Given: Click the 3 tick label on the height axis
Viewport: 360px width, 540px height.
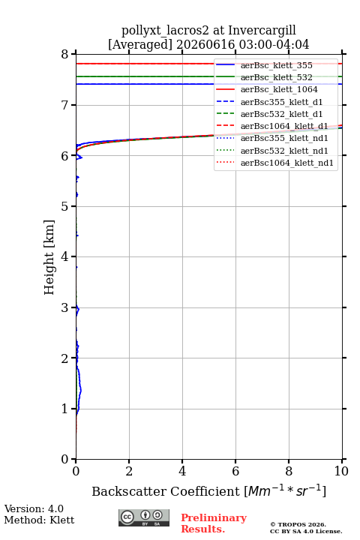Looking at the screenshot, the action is (x=65, y=307).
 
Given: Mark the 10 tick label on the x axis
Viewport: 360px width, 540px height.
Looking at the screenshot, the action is (x=341, y=471).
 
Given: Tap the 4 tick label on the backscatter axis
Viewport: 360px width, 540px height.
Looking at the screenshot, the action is (x=182, y=471).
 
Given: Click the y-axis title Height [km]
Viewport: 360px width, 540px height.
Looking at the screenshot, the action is (x=49, y=257).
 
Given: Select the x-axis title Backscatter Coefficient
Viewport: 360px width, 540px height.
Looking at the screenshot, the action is (x=166, y=491).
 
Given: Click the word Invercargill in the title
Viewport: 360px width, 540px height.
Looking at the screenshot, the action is (x=262, y=31).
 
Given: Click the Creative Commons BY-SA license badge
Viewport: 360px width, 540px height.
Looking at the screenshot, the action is (x=144, y=517).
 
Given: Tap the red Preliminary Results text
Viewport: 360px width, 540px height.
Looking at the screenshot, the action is (x=214, y=523).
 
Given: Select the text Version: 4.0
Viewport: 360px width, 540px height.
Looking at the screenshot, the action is (x=34, y=508).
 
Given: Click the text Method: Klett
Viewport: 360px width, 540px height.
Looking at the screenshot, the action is (x=39, y=520).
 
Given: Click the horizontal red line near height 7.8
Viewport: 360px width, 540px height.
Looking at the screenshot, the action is (x=145, y=64).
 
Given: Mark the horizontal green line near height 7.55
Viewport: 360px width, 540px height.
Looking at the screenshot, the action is (x=145, y=76).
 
